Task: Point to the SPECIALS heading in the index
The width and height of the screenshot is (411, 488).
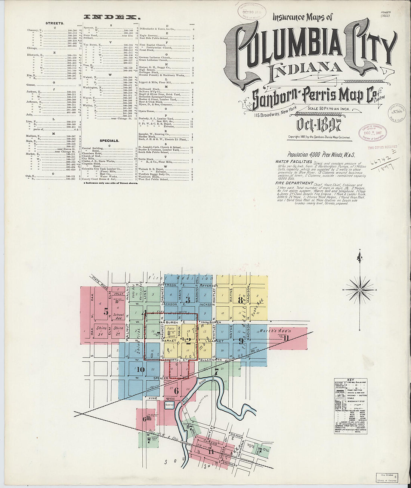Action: (x=109, y=141)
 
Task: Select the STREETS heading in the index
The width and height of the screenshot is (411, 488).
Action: (x=55, y=23)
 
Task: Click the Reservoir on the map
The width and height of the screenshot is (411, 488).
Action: (x=170, y=406)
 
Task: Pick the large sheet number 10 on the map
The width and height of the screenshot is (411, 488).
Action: (x=140, y=370)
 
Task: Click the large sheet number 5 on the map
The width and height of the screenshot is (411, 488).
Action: (x=106, y=311)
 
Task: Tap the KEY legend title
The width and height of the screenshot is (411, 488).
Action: (x=350, y=380)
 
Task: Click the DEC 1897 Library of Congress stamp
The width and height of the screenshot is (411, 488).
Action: (x=373, y=132)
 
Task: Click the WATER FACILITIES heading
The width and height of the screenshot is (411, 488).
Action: (x=293, y=161)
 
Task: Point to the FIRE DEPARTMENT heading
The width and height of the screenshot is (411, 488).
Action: (x=294, y=183)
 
